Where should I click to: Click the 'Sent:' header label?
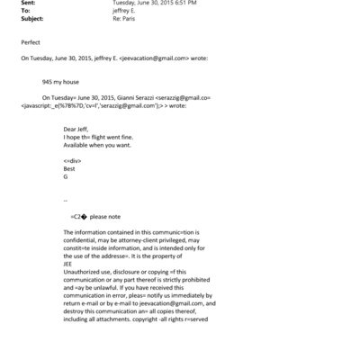point(28,3)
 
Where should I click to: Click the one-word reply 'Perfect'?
point(30,41)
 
